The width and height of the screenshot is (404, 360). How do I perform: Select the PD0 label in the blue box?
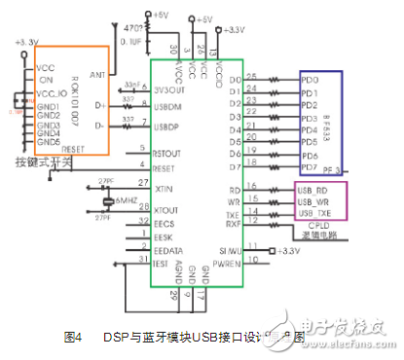(310, 79)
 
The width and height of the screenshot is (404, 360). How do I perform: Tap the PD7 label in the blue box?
(310, 166)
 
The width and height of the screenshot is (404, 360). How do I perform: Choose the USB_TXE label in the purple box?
(315, 212)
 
